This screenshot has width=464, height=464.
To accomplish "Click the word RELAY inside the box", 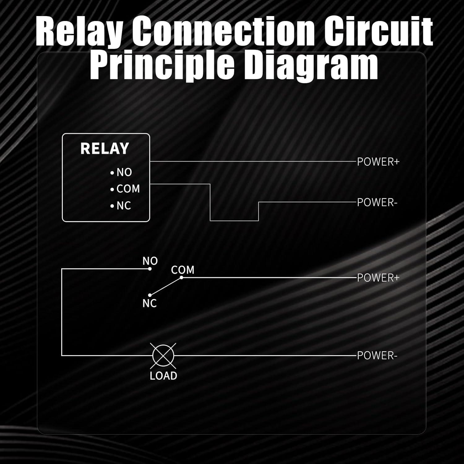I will pos(105,148).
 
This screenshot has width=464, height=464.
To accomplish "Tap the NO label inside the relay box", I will pos(124,172).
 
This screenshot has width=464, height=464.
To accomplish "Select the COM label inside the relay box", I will pos(128,189).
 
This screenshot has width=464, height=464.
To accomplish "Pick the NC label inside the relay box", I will pos(124,206).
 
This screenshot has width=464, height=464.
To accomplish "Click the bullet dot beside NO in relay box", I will pos(112,173).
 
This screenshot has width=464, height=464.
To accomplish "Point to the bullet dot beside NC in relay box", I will pos(112,206).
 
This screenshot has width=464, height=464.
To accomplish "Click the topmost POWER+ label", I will pos(378,162).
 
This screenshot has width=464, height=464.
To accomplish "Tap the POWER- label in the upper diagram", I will pos(377,203).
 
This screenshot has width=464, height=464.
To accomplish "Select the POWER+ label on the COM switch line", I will pos(378,278).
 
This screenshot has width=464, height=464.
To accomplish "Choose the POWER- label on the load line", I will pos(377,356).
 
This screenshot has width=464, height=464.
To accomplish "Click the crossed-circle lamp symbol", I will pos(163,355).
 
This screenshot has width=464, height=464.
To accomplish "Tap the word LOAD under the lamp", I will pos(163,376).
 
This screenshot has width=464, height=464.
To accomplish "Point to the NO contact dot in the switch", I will pos(150,269).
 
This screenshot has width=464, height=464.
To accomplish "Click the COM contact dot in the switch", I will pos(182,277).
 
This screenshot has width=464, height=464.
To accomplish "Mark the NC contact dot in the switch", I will pos(150,295).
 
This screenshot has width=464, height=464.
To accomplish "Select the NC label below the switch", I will pos(150,304).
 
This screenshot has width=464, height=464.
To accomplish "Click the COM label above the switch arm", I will pos(183,270).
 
